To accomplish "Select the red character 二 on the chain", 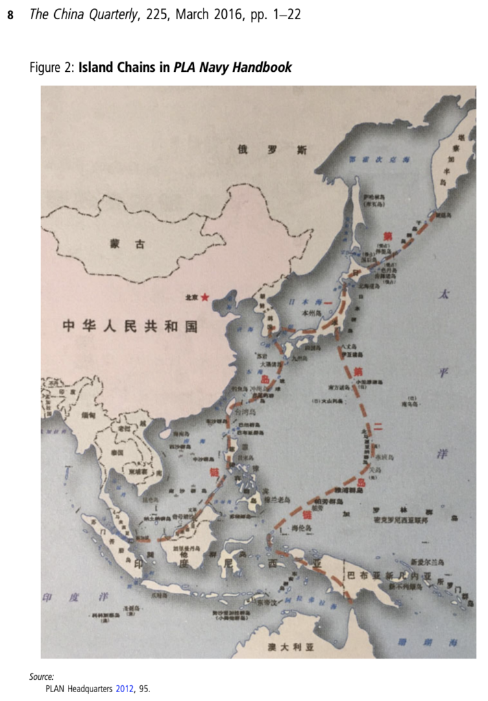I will click(x=376, y=429).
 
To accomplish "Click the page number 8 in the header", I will click(x=10, y=15).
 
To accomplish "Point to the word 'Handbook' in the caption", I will click(x=263, y=67).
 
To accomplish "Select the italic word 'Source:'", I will click(x=42, y=676).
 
